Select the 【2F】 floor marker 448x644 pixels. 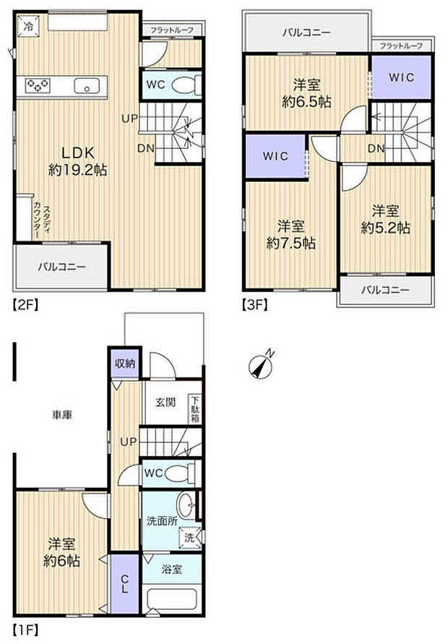click(23, 304)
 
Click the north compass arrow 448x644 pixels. click(262, 365)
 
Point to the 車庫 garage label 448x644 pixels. click(61, 415)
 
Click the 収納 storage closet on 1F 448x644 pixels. click(124, 363)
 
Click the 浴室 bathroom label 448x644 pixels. click(171, 569)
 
